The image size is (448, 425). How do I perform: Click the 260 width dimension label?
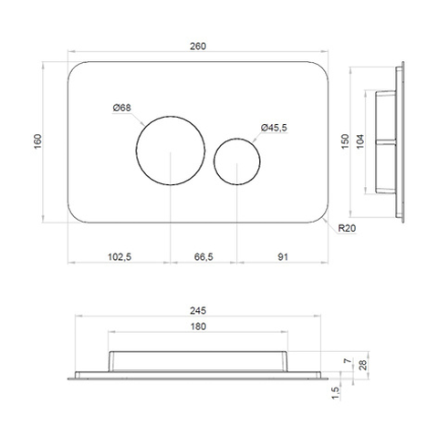tap(198, 47)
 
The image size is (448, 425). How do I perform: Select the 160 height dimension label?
tap(37, 141)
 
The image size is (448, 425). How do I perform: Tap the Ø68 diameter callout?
tap(121, 108)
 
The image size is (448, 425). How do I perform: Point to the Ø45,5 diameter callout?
tap(274, 128)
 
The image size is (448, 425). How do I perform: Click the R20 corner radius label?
tap(347, 228)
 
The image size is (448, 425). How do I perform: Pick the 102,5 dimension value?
tap(120, 257)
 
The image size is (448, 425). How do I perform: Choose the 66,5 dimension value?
tap(203, 257)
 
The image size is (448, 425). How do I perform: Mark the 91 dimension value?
tap(283, 257)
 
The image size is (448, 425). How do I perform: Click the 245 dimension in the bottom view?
tap(198, 311)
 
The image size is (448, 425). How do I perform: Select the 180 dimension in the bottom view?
tap(198, 327)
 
